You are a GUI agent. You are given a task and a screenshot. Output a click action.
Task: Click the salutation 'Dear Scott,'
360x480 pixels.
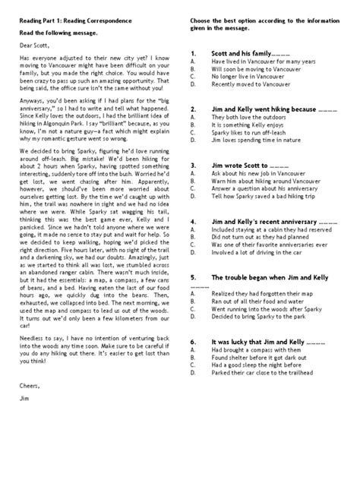click(x=35, y=46)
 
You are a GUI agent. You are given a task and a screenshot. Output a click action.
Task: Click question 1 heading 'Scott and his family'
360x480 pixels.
click(x=242, y=55)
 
